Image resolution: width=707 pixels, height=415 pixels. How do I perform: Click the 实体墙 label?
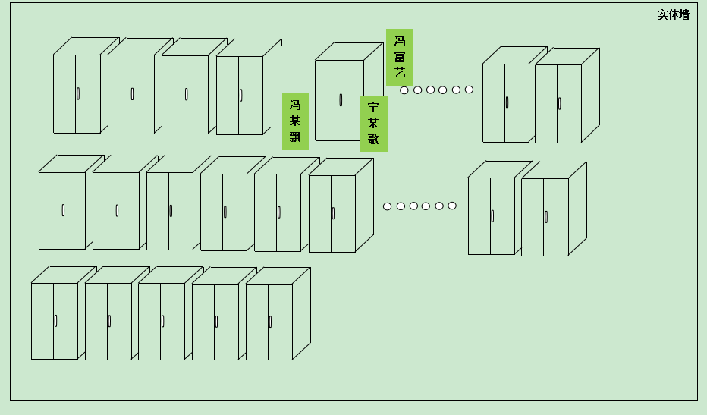click(x=673, y=14)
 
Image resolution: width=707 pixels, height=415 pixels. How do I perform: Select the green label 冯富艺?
click(x=400, y=58)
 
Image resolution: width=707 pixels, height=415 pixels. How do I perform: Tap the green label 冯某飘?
click(x=295, y=121)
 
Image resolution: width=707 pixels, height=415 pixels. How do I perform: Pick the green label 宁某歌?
click(x=373, y=124)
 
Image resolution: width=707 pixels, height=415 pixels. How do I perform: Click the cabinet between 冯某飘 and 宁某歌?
click(x=339, y=99)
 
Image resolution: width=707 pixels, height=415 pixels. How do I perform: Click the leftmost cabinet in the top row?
click(x=77, y=93)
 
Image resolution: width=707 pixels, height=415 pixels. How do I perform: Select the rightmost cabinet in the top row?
click(x=558, y=103)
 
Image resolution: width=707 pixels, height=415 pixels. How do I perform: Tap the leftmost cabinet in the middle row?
click(x=62, y=210)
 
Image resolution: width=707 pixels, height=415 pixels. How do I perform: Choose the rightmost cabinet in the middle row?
click(x=545, y=216)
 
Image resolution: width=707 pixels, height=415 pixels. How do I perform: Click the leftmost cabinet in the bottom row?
click(x=55, y=321)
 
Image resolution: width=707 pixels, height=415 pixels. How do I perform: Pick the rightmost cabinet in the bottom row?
click(x=269, y=321)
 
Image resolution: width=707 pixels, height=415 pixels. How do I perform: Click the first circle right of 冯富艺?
click(x=404, y=90)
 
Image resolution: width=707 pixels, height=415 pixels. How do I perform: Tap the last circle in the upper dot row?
click(x=469, y=90)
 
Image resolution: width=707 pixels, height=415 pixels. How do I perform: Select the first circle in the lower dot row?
click(x=388, y=206)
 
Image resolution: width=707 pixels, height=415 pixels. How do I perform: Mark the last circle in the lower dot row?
click(x=452, y=206)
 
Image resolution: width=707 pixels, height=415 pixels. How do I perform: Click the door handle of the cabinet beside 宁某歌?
click(x=341, y=99)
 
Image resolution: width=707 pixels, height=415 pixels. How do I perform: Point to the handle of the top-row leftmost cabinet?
click(x=78, y=93)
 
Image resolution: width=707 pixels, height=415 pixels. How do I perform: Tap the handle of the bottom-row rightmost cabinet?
click(x=270, y=321)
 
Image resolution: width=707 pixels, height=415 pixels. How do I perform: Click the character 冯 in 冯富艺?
click(x=400, y=41)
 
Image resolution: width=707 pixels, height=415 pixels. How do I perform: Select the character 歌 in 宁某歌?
click(x=373, y=140)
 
